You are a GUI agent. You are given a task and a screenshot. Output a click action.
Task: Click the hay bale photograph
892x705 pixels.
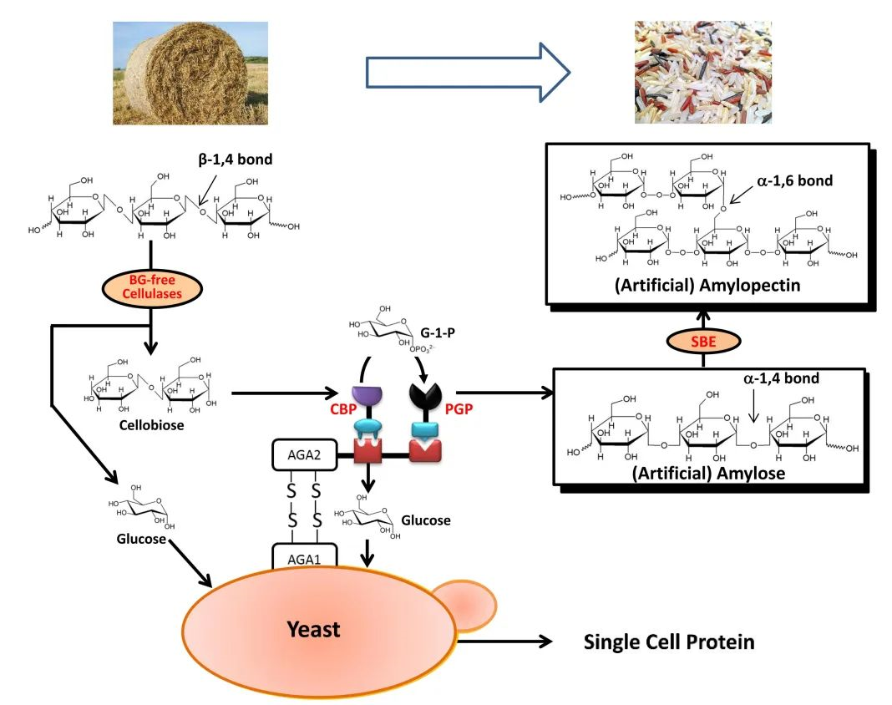190,73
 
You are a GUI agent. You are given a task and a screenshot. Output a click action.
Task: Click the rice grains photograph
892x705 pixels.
702,73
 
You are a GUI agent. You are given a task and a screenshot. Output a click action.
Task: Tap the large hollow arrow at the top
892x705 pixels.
467,74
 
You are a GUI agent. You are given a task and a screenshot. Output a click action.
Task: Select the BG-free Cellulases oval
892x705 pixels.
150,287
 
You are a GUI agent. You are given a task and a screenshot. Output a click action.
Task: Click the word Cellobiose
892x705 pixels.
150,425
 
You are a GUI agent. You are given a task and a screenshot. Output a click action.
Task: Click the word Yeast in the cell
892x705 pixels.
313,628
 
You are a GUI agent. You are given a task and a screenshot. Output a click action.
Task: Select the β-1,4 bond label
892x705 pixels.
235,159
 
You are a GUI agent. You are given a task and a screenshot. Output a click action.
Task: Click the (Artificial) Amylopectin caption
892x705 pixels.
707,286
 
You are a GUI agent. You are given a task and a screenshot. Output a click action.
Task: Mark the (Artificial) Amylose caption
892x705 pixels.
708,473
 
